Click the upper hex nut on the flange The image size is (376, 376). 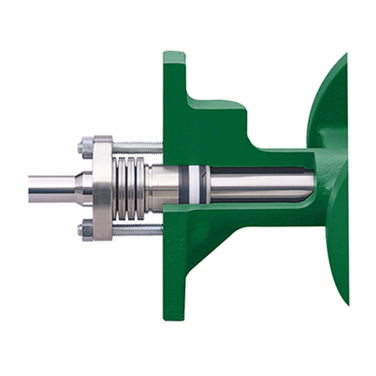pyautogui.click(x=85, y=147)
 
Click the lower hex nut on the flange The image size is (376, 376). pyautogui.click(x=85, y=230)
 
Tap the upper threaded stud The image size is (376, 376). pyautogui.click(x=137, y=148)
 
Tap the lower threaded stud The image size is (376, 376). pyautogui.click(x=137, y=230)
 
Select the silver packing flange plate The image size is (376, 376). pyautogui.click(x=103, y=188)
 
